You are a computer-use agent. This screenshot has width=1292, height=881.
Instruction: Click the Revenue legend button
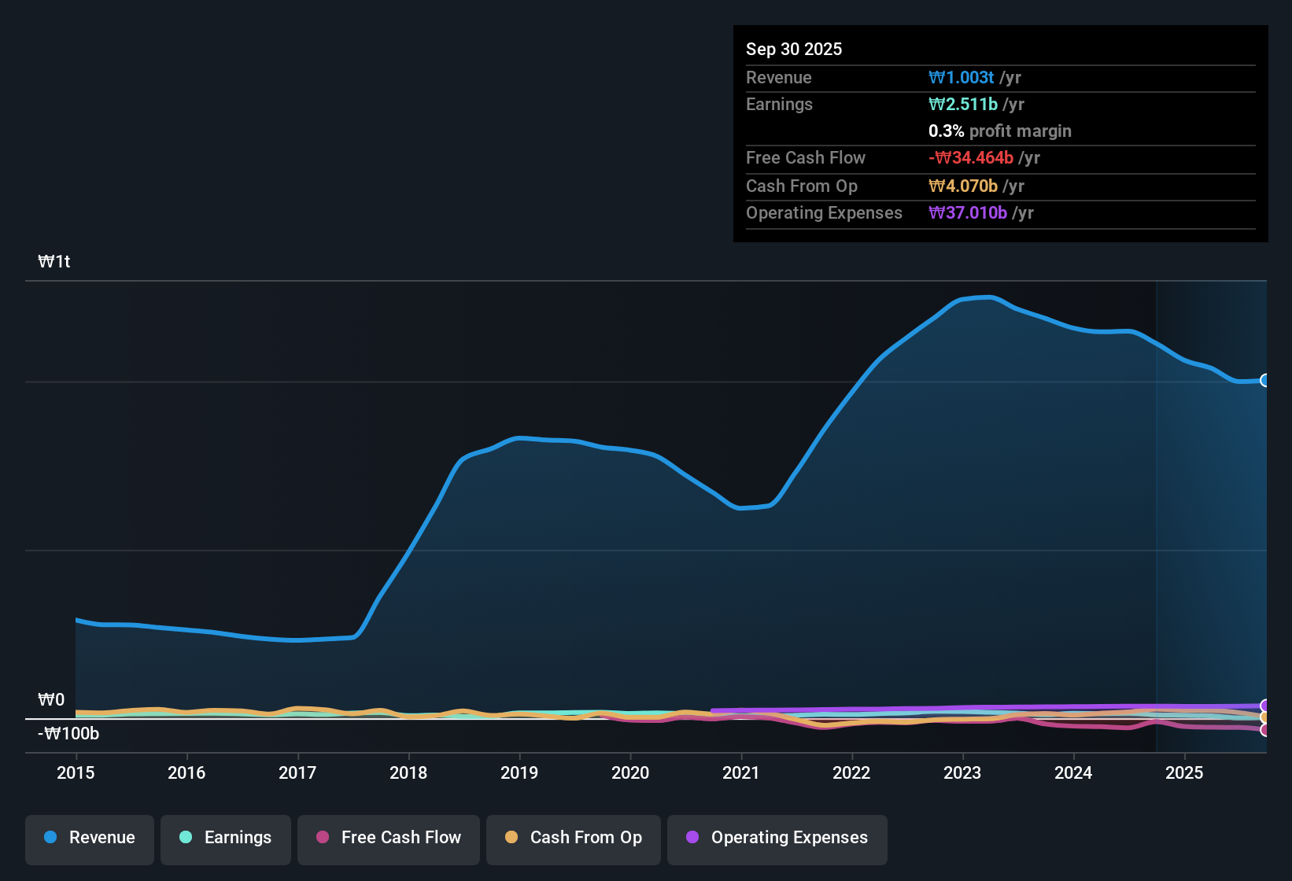coord(90,838)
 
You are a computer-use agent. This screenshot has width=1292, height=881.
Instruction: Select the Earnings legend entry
coord(226,838)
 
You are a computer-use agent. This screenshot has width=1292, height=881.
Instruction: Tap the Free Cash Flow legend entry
coord(389,838)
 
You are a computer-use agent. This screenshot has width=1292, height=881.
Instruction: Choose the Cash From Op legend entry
coord(574,838)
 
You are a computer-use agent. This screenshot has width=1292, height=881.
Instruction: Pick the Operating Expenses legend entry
coord(777,838)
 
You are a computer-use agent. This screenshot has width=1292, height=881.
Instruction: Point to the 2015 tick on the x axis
coord(76,772)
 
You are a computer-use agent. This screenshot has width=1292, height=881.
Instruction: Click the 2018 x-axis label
coord(408,772)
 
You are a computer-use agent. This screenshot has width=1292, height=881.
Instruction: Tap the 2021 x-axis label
coord(741,772)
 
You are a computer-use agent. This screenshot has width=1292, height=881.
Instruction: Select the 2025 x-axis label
coord(1184,772)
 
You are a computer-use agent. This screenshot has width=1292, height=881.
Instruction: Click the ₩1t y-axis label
coord(54,262)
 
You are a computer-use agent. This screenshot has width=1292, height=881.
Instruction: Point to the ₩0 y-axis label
coord(51,700)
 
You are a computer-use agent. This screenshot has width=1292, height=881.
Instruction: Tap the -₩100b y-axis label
coord(68,734)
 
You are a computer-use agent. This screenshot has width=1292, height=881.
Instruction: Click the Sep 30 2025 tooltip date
coord(794,49)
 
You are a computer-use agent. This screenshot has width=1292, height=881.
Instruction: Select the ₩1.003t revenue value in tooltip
coord(961,77)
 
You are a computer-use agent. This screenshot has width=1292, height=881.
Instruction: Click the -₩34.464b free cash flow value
coord(971,157)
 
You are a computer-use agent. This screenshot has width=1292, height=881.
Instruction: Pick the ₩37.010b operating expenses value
coord(968,212)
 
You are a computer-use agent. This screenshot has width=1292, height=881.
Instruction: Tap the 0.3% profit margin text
coord(999,131)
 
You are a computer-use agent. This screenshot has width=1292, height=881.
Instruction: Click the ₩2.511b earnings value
coord(963,104)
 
